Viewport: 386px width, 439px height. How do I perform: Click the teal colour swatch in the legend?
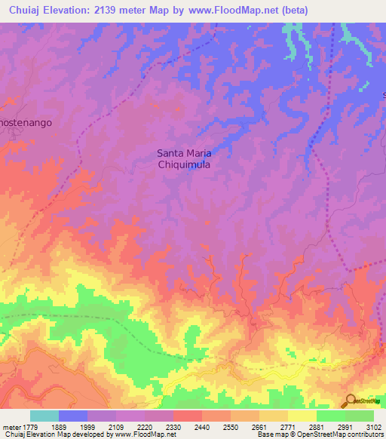(x=44, y=416)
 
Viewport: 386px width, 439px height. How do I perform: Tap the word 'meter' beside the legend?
(x=11, y=426)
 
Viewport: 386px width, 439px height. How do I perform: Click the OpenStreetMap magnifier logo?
(x=350, y=401)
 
